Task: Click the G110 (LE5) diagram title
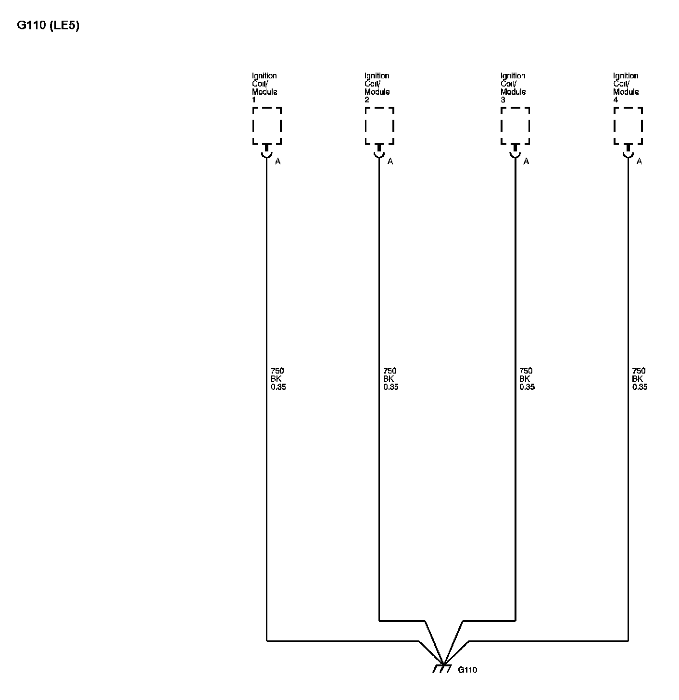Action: coord(48,25)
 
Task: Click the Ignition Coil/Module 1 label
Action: coord(264,87)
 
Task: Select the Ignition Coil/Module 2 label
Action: coord(377,87)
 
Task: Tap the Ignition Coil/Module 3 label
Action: coord(513,87)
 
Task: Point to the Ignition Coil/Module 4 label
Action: coord(626,87)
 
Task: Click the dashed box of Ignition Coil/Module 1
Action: coord(267,125)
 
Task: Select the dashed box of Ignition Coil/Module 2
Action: coord(379,125)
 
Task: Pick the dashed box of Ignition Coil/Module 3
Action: coord(516,125)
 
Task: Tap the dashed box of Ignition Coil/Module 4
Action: coord(628,125)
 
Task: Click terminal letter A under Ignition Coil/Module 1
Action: coord(278,162)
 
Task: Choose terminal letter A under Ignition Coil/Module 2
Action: coord(390,162)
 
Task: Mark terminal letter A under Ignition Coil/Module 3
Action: coord(527,162)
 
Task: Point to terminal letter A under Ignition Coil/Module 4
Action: coord(639,162)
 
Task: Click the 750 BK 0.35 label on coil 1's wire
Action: coord(278,379)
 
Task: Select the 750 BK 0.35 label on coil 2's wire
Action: coord(390,379)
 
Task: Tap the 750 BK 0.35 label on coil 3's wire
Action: coord(527,379)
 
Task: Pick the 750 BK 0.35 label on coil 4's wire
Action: coord(639,379)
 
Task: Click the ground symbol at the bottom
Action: coord(442,668)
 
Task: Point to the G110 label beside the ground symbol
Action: coord(467,670)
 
